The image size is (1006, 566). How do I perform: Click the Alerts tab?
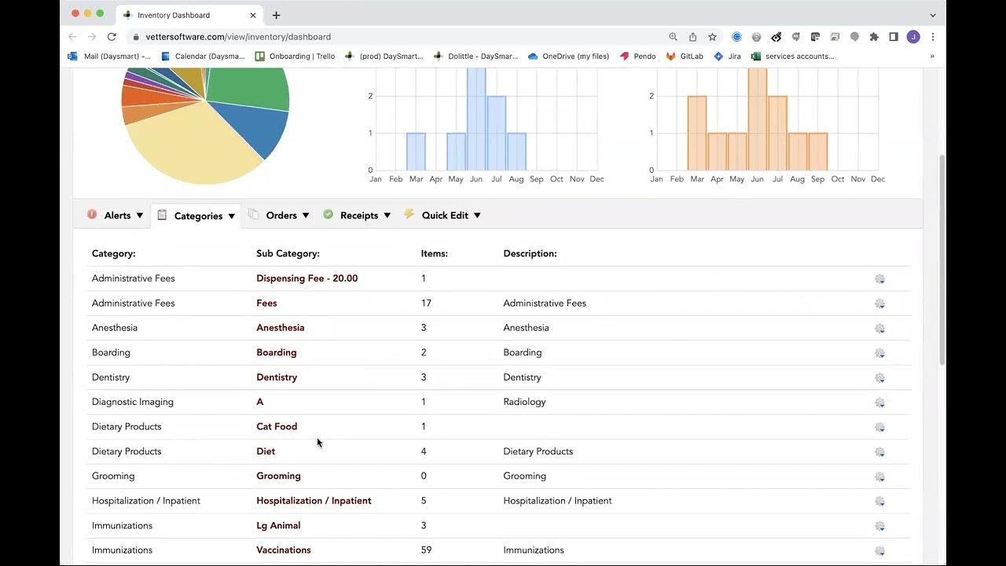tap(116, 215)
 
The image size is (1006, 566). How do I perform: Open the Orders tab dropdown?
tap(281, 215)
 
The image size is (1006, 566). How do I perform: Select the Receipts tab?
tap(358, 215)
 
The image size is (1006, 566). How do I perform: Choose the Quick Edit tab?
tap(444, 215)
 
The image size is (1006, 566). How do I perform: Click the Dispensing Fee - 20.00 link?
tap(307, 278)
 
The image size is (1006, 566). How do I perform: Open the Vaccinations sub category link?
tap(283, 550)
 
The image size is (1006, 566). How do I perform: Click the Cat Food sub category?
tap(277, 427)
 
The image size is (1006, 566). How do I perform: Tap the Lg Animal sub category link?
tap(278, 526)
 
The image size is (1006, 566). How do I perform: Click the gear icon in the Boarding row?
tap(879, 353)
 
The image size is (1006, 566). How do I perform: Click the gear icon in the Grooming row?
tap(879, 476)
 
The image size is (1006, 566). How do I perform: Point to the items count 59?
tap(426, 550)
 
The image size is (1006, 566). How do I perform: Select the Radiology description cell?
tap(524, 402)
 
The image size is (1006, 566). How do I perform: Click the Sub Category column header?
tap(288, 254)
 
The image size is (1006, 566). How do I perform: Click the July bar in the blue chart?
tap(496, 134)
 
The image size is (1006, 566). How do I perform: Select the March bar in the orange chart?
tap(697, 134)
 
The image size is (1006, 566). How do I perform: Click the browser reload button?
tap(112, 37)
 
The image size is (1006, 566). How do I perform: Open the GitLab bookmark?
tap(685, 57)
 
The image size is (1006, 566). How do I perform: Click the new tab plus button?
tap(276, 15)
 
